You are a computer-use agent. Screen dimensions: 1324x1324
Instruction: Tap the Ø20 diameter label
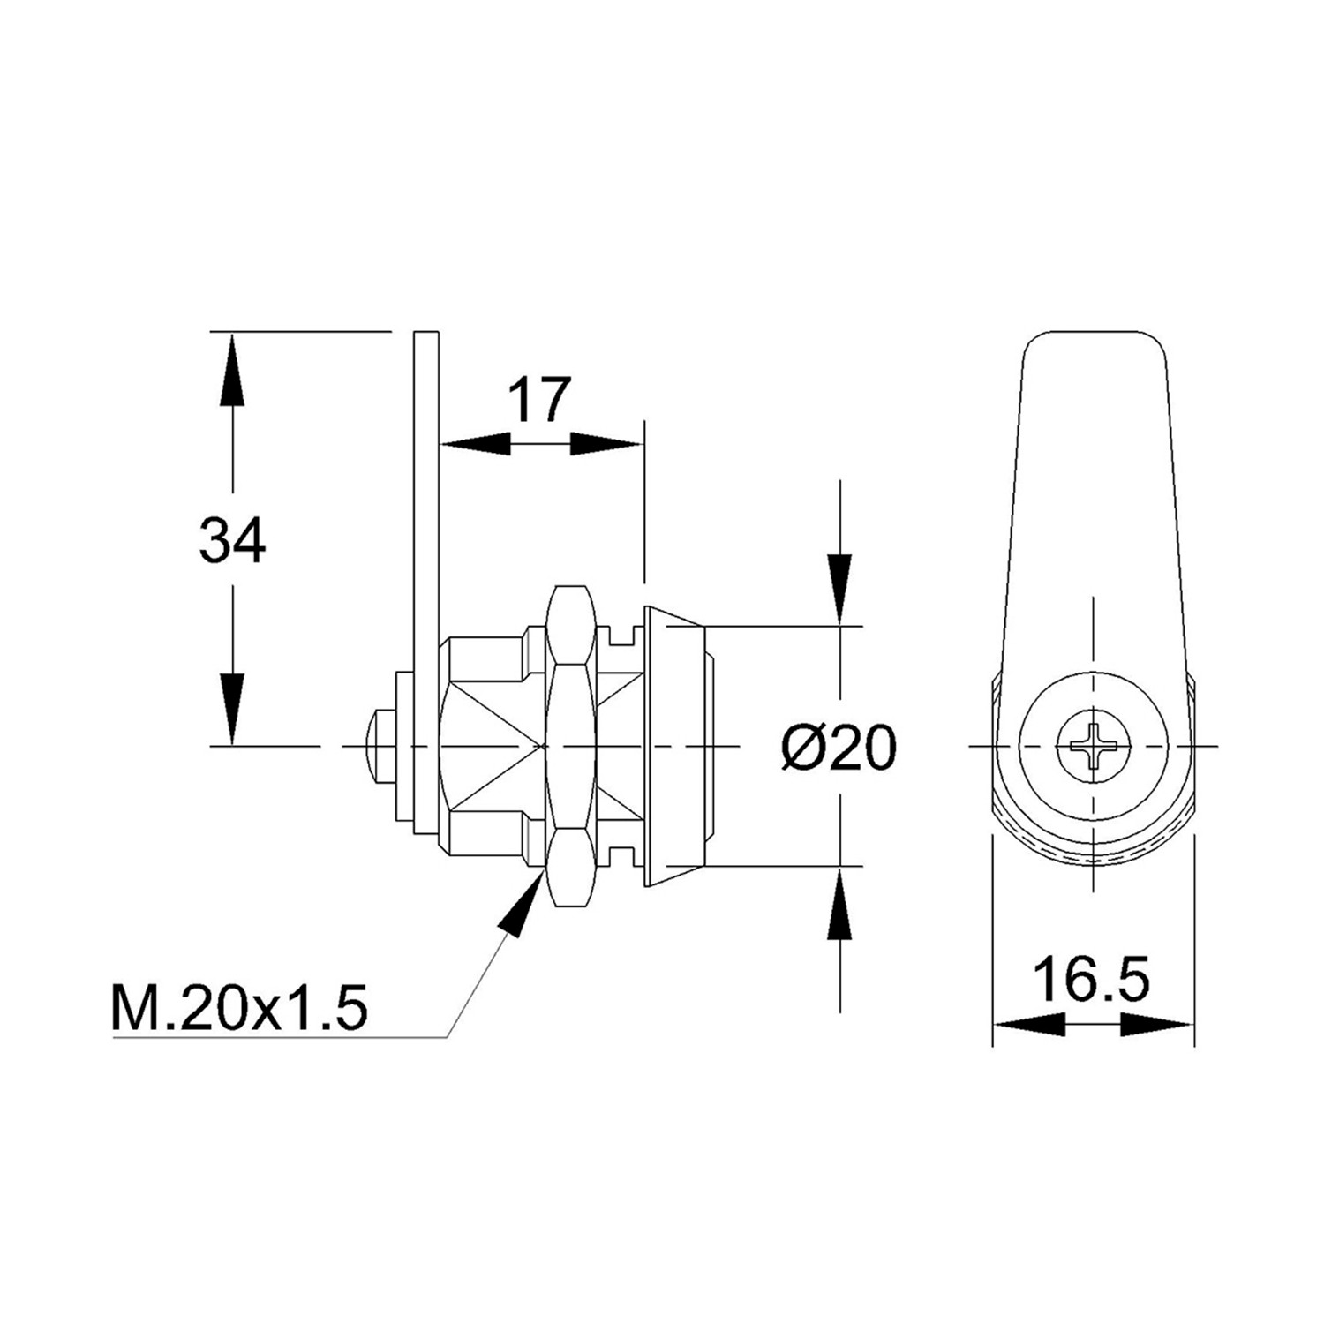[x=839, y=749]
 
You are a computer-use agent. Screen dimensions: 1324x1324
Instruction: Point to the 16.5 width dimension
[x=1092, y=979]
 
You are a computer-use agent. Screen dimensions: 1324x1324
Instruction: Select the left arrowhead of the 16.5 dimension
[x=1029, y=1025]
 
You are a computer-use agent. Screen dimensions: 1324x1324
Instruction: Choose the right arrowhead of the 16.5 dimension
[x=1158, y=1025]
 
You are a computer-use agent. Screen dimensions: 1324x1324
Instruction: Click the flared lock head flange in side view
[x=674, y=747]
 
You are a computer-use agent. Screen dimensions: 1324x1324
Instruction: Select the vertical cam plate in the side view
[x=426, y=530]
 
